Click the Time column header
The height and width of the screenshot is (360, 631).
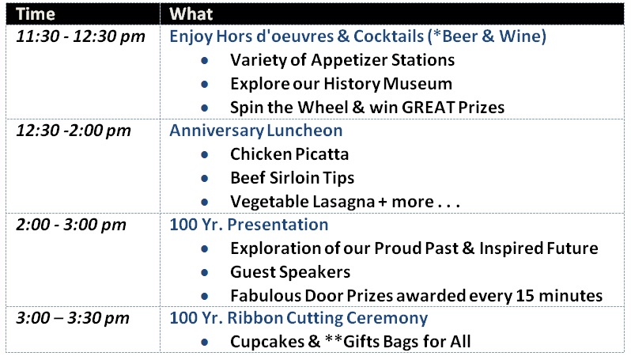pos(36,14)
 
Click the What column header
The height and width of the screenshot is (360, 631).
pos(191,14)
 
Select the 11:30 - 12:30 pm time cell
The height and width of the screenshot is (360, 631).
pos(81,36)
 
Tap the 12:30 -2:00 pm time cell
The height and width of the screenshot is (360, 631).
pos(74,131)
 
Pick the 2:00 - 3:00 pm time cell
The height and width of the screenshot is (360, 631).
pos(71,225)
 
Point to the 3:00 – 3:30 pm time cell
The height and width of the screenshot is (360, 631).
pos(73,318)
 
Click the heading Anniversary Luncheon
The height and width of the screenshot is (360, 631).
pos(256,131)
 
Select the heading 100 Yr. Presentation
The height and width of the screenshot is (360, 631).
pos(249,224)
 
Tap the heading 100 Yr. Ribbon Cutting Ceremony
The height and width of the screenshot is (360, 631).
pos(299,318)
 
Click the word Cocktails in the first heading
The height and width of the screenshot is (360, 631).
pos(389,36)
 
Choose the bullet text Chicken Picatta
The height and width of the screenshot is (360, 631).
pos(289,154)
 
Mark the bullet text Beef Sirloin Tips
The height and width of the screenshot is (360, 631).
pos(292,178)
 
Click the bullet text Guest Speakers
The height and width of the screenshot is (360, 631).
pos(290,272)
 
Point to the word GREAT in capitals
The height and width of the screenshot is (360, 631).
pos(429,108)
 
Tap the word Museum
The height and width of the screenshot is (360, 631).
pos(418,84)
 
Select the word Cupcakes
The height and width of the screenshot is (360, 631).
pos(267,342)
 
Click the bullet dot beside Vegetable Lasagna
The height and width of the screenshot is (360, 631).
pos(205,202)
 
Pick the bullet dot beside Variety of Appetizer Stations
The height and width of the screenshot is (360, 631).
pos(205,60)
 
